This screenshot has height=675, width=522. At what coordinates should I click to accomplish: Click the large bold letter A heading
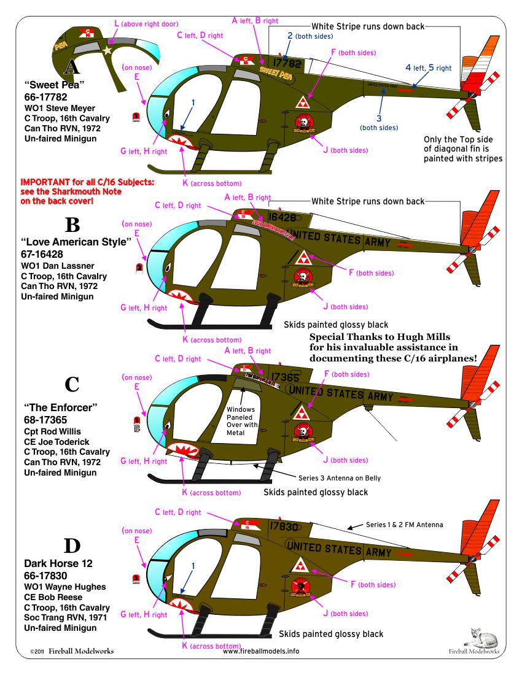coord(72,66)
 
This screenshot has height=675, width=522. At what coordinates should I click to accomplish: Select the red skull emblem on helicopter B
coord(302,277)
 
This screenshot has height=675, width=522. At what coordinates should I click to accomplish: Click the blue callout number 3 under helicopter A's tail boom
coord(378,119)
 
